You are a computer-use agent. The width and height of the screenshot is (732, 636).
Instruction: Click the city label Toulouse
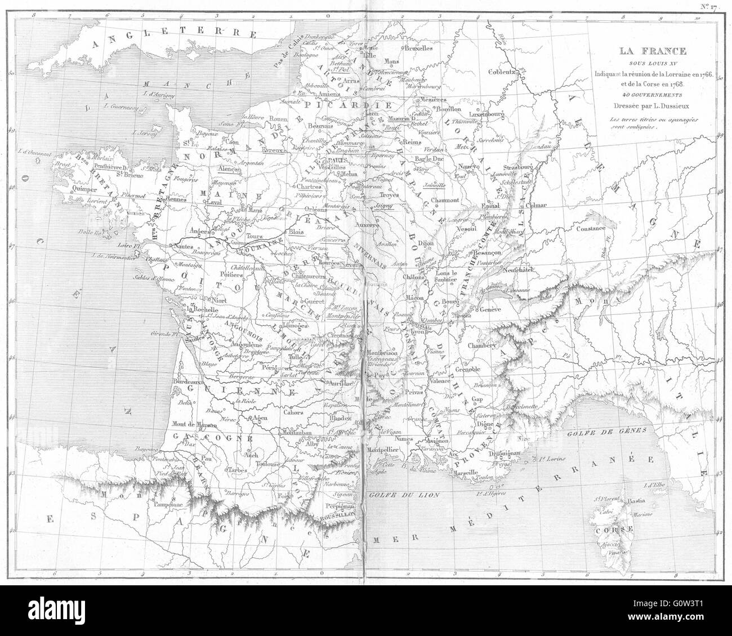pos(268,465)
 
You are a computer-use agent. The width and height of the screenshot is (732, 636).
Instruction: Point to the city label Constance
pos(590,228)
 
